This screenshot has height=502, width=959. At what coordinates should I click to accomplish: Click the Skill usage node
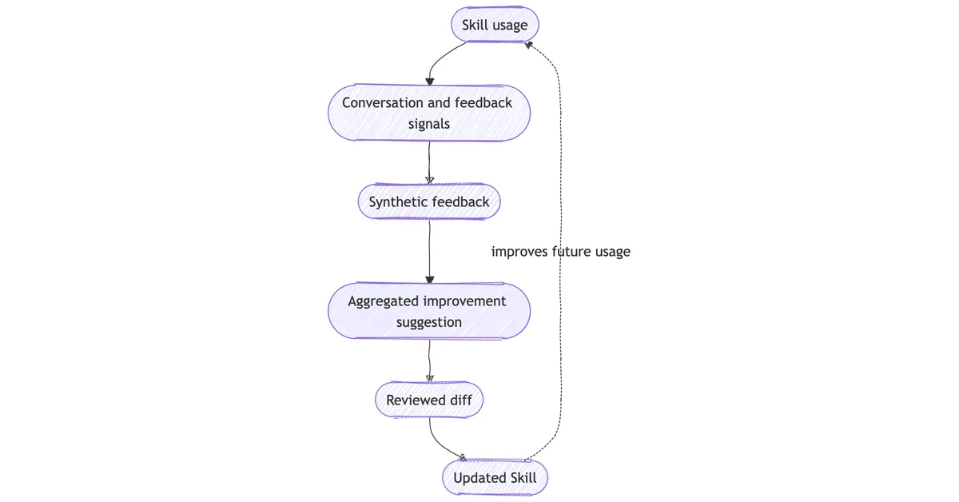[x=495, y=25]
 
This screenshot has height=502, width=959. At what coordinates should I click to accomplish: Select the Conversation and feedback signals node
[x=429, y=113]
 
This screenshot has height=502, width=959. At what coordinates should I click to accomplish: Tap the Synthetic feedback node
[x=429, y=201]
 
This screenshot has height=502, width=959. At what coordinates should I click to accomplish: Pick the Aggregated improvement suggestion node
[x=429, y=311]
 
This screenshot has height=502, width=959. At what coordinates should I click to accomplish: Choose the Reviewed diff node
[x=429, y=400]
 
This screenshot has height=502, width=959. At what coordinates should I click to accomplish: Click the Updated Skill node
[x=495, y=477]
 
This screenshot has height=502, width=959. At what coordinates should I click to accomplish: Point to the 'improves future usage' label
[x=560, y=252]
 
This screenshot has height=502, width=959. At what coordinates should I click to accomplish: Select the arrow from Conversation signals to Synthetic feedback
[x=429, y=163]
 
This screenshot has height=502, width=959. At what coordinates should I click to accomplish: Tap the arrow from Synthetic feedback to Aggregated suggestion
[x=429, y=250]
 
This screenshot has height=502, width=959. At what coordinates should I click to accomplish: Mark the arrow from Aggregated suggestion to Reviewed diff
[x=429, y=361]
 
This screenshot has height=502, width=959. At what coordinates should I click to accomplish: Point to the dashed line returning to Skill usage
[x=560, y=253]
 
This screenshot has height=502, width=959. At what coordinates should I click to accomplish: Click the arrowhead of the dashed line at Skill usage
[x=529, y=45]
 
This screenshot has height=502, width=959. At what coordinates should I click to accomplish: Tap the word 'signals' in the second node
[x=429, y=124]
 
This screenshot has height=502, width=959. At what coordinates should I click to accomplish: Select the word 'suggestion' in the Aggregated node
[x=429, y=322]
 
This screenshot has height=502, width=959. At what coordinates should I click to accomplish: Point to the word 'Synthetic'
[x=397, y=201]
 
